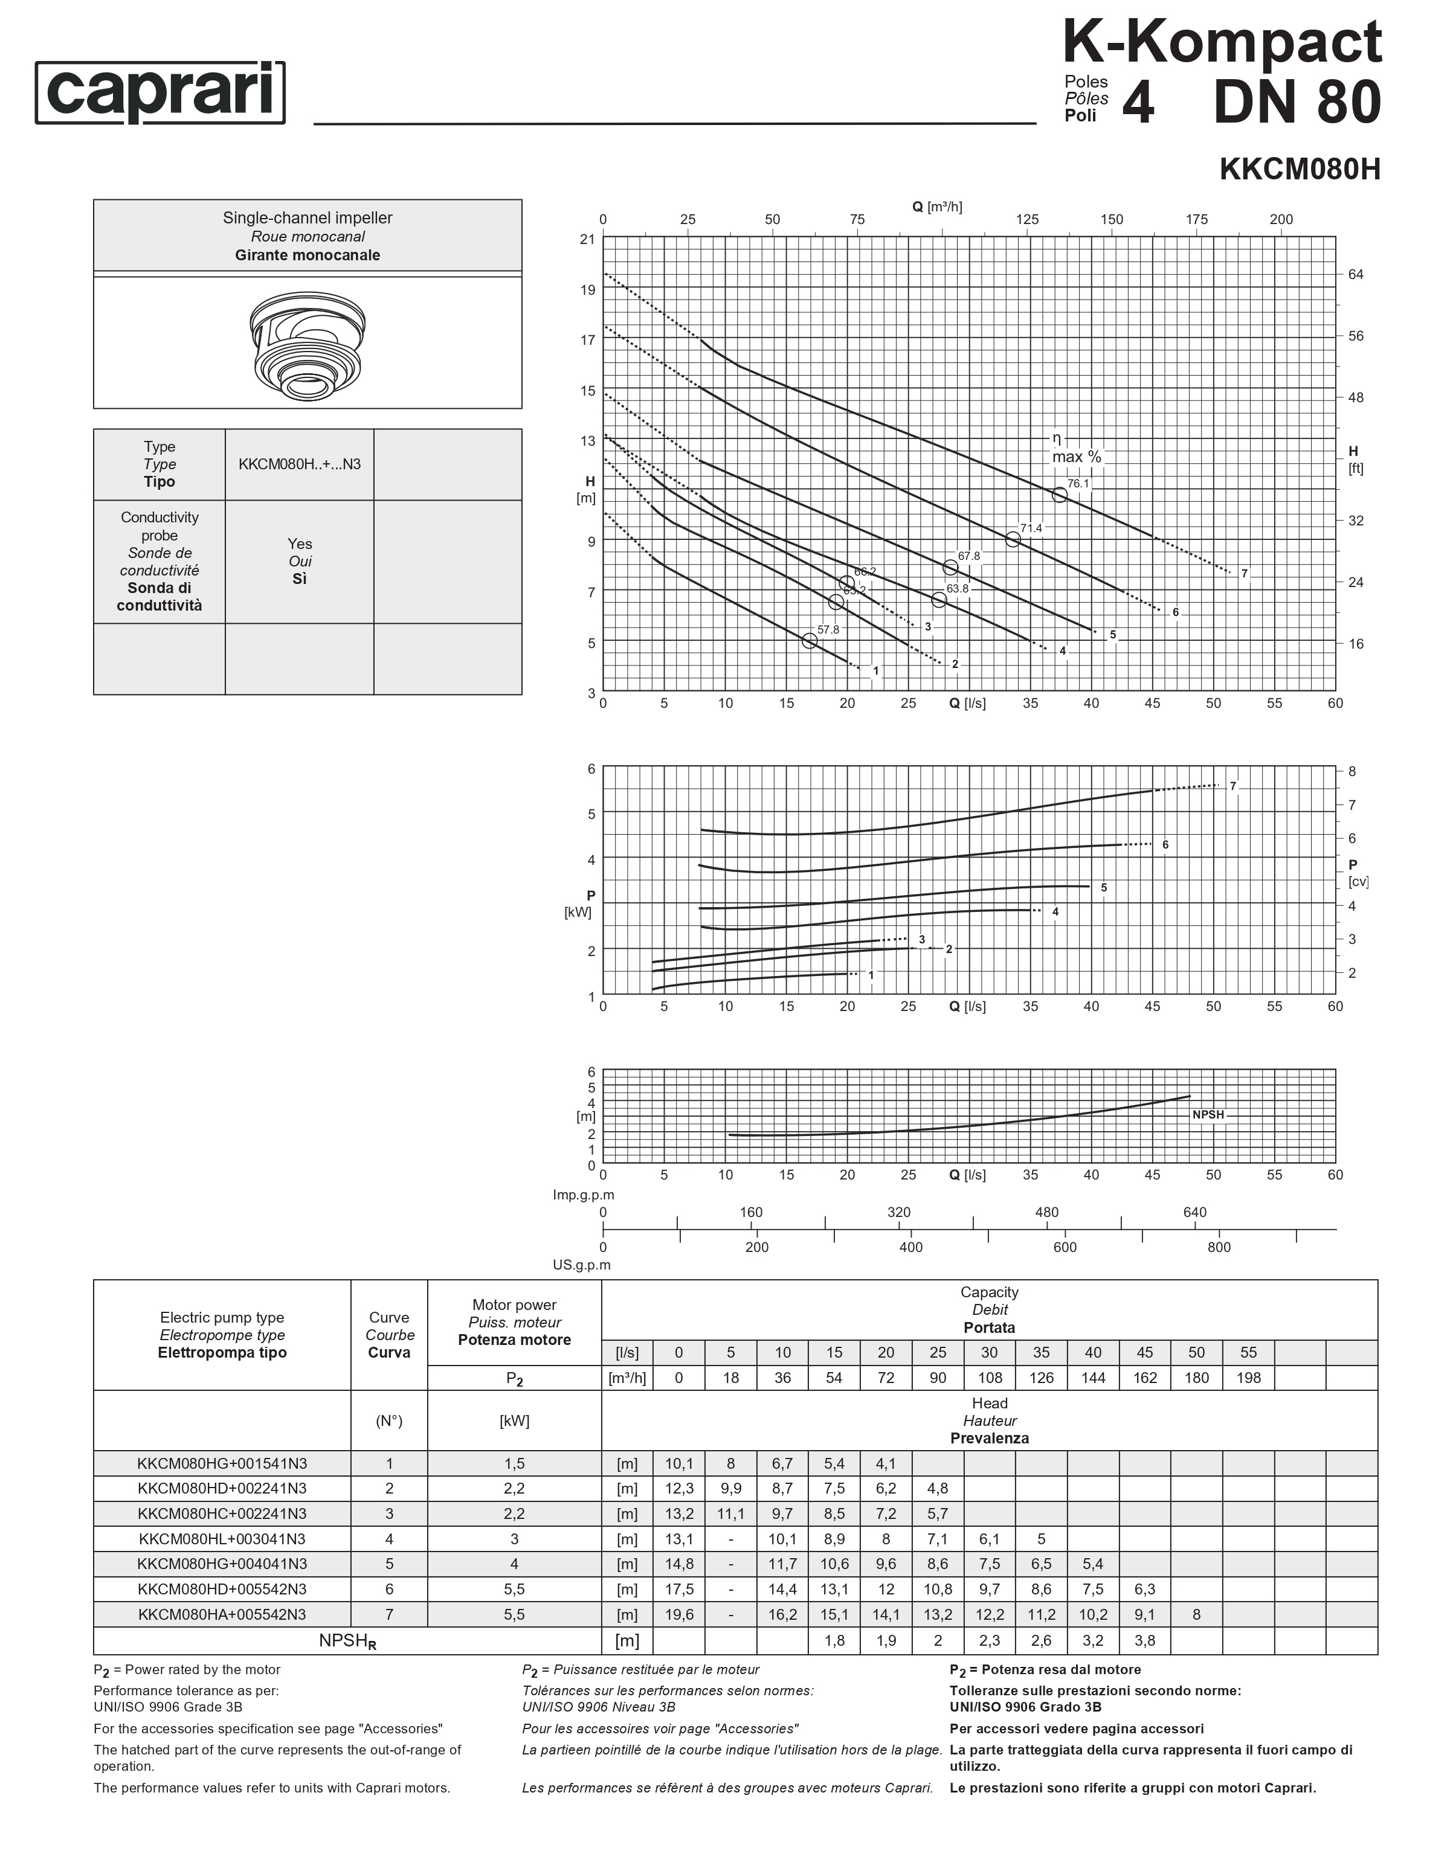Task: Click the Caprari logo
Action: click(x=160, y=92)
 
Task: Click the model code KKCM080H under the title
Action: click(x=1298, y=169)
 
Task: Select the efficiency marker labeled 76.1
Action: click(x=1059, y=495)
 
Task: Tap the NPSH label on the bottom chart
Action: click(x=1208, y=1114)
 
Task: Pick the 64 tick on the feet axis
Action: click(x=1356, y=275)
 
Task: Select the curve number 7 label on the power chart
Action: click(x=1232, y=786)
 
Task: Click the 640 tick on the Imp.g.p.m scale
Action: click(x=1194, y=1212)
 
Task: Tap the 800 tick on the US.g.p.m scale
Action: click(x=1219, y=1247)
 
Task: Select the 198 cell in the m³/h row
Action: click(x=1248, y=1378)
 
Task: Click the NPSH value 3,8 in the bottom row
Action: click(x=1145, y=1640)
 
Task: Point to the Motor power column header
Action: click(x=514, y=1322)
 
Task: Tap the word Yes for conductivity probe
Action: click(x=300, y=544)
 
